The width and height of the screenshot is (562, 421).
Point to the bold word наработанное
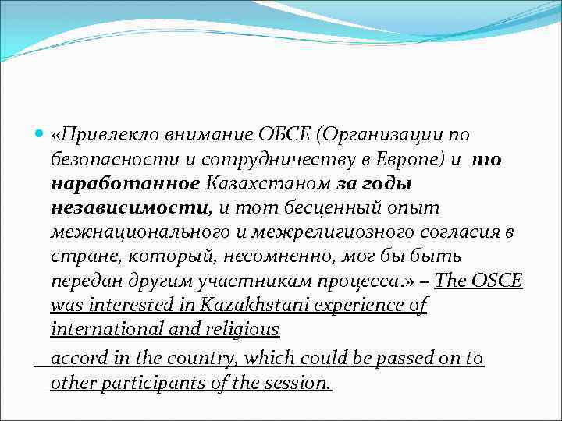point(126,185)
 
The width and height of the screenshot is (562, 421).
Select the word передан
point(85,281)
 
